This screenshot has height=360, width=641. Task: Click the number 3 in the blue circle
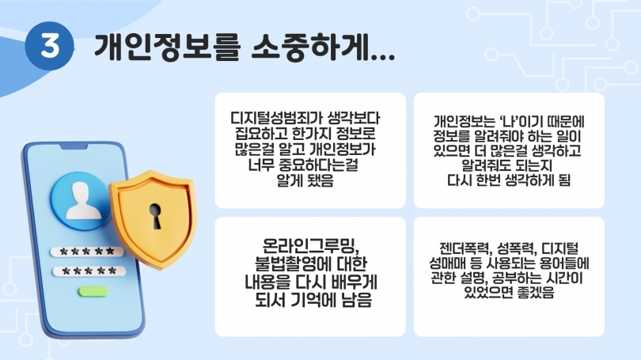pyautogui.click(x=50, y=45)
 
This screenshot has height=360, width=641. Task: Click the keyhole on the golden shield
pyautogui.click(x=155, y=216)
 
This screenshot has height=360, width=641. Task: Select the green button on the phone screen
pyautogui.click(x=93, y=291)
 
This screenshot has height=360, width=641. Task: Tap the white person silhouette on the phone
pyautogui.click(x=83, y=201)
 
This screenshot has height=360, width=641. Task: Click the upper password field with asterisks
pyautogui.click(x=87, y=252)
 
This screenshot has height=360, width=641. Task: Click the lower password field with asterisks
pyautogui.click(x=89, y=271)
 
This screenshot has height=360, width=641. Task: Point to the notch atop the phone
pyautogui.click(x=74, y=146)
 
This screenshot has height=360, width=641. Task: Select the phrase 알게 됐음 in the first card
pyautogui.click(x=305, y=180)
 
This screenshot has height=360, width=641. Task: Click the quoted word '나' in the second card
pyautogui.click(x=509, y=121)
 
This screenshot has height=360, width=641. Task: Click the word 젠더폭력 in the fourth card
pyautogui.click(x=465, y=248)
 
